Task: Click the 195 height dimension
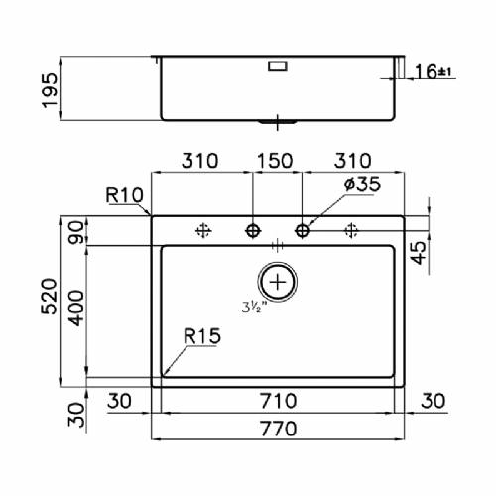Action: point(50,90)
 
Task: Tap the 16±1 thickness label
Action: point(433,71)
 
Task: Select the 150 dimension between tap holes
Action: point(275,161)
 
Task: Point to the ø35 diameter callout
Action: point(362,185)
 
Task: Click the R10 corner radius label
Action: point(124,195)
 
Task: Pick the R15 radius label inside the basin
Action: point(202,336)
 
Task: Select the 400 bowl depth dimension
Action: point(76,309)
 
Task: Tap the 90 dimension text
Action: point(76,232)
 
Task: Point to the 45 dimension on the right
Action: point(419,253)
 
